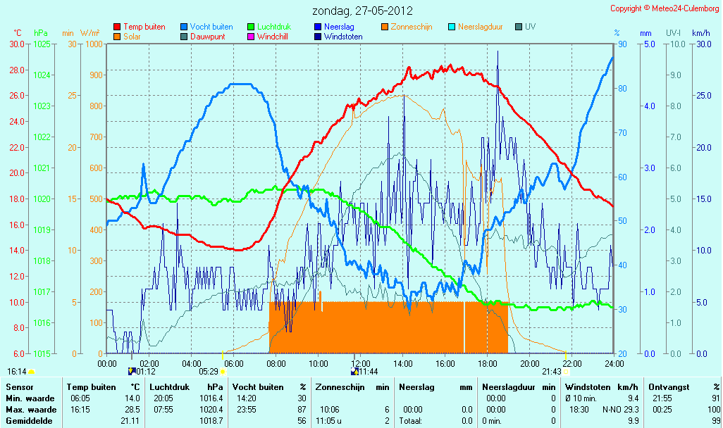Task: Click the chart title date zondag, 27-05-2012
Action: tap(362, 11)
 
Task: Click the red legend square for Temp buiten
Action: tap(117, 27)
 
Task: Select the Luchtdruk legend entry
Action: tap(269, 27)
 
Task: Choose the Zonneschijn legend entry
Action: tap(407, 27)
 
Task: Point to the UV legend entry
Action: tap(526, 27)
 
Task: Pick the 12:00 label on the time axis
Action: tap(361, 363)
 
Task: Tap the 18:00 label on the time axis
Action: tap(488, 363)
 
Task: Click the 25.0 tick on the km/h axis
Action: tap(704, 95)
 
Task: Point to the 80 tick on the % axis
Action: tap(622, 89)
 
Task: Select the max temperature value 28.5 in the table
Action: tap(132, 410)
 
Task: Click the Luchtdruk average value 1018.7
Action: tap(211, 421)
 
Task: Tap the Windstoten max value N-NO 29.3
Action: tap(620, 410)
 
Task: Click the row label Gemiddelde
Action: tap(29, 421)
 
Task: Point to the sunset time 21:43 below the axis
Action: tap(552, 372)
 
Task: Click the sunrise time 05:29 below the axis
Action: tap(209, 372)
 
